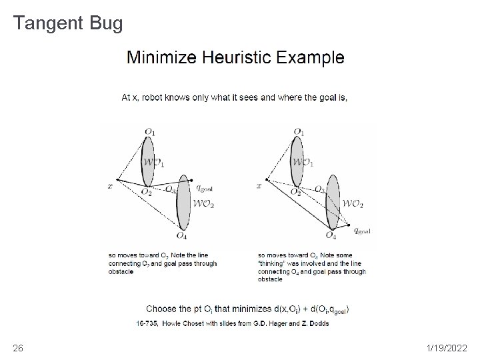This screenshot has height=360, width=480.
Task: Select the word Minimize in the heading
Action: [x=157, y=57]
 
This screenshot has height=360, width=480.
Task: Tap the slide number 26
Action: [x=18, y=348]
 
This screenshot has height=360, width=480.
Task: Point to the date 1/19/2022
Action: [x=447, y=348]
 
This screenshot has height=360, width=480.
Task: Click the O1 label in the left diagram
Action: [x=149, y=132]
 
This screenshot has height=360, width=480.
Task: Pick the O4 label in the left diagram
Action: [x=181, y=235]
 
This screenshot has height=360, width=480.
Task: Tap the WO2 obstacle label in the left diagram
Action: [x=203, y=203]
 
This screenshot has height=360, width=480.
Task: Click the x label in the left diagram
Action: [x=111, y=187]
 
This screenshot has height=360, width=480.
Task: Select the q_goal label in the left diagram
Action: [x=205, y=179]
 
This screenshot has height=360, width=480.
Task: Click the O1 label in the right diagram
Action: [x=299, y=132]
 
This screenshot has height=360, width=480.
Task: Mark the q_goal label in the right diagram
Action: [x=362, y=231]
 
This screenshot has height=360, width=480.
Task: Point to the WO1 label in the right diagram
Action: [x=302, y=162]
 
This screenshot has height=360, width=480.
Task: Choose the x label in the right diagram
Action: [x=260, y=187]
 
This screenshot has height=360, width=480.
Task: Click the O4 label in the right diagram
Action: [x=331, y=235]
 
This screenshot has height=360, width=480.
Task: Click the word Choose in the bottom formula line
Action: [x=161, y=309]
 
